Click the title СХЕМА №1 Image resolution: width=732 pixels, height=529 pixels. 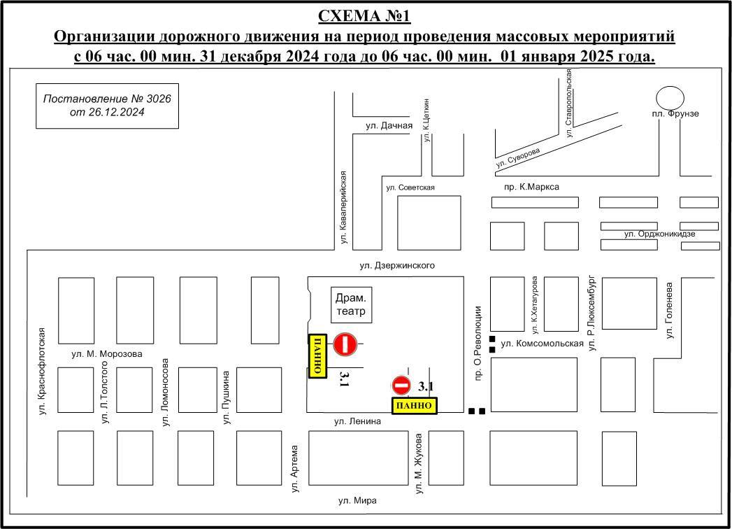[x=364, y=16]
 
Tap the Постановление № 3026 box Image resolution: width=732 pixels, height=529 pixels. [x=108, y=106]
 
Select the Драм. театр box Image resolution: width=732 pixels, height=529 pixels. [x=352, y=304]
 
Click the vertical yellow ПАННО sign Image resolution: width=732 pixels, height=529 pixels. [x=317, y=356]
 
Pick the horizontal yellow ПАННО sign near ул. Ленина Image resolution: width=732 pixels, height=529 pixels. [x=414, y=406]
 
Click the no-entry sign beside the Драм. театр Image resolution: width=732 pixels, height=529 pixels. [x=345, y=344]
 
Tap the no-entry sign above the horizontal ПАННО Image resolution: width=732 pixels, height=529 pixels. [x=401, y=386]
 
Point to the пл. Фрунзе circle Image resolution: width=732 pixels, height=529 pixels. [x=670, y=98]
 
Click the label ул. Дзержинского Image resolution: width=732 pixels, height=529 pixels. [x=397, y=265]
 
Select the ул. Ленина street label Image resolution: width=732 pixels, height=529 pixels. [x=357, y=421]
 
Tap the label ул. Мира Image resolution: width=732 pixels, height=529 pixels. [x=357, y=500]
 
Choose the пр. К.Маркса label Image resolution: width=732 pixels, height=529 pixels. [x=532, y=187]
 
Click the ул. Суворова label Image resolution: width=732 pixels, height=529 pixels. [x=518, y=158]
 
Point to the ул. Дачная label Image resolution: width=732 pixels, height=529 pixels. [x=389, y=125]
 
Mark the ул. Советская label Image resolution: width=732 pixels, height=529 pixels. [x=410, y=188]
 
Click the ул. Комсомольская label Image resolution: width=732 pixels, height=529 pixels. [x=542, y=344]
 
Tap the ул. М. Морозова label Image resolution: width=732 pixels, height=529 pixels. [x=107, y=354]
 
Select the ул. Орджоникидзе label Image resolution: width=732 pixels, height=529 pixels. [x=660, y=234]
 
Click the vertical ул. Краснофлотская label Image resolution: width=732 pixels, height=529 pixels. [x=43, y=372]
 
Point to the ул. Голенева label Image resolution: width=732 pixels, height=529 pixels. [x=670, y=310]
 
